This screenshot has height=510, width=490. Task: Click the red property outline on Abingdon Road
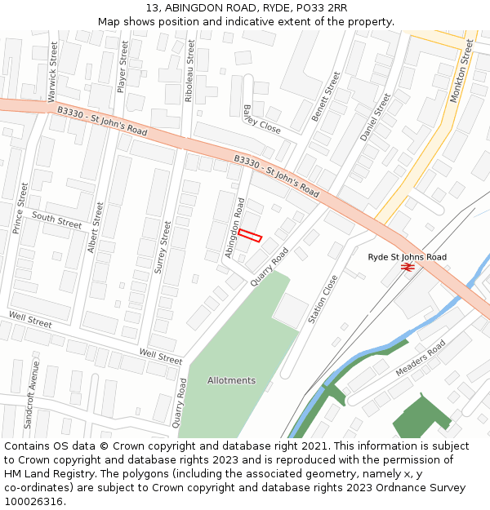coord(250,236)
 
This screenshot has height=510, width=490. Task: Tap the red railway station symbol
coord(409,266)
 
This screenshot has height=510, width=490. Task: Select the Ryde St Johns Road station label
coord(407,257)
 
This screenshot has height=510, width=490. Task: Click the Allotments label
coord(231,380)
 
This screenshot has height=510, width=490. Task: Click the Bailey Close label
coord(261,119)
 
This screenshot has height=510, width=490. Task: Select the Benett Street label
coord(325,96)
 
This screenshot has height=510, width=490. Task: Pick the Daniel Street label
coord(375,117)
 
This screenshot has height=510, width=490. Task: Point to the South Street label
coord(57,219)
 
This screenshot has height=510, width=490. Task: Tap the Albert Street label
coord(96,228)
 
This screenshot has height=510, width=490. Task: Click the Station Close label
coord(323,299)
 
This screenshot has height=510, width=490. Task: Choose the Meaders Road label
coord(421,358)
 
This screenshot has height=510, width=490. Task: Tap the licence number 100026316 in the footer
coord(33,501)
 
